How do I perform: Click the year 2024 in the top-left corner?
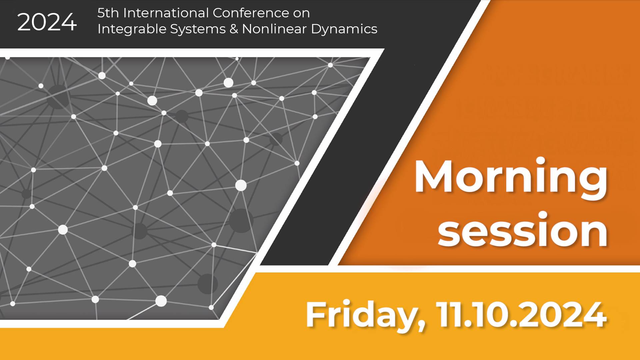pyautogui.click(x=47, y=23)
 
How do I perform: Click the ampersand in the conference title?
pyautogui.click(x=234, y=29)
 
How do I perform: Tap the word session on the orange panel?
pyautogui.click(x=523, y=231)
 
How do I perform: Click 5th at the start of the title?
pyautogui.click(x=108, y=13)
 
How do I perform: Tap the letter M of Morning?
pyautogui.click(x=435, y=177)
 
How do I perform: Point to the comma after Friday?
pyautogui.click(x=422, y=325)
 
